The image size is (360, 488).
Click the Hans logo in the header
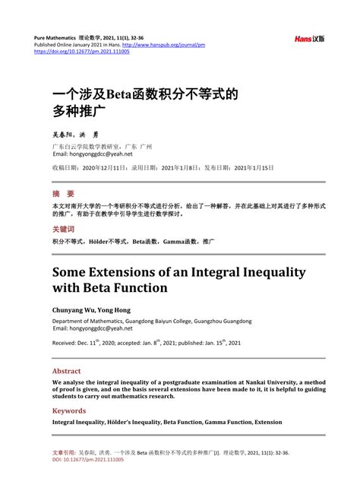[310, 38]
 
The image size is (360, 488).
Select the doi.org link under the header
[82, 52]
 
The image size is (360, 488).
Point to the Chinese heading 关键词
[63, 229]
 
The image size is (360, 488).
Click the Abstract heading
[67, 371]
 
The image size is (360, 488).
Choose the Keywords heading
[69, 410]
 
